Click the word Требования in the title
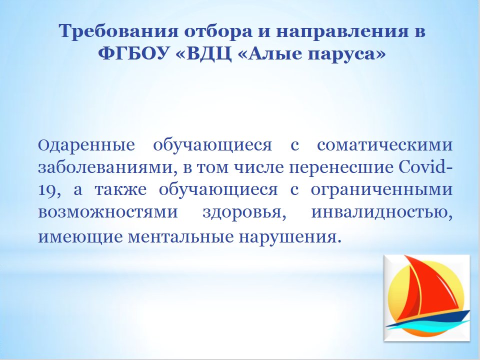118,31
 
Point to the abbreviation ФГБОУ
133,54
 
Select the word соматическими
385,145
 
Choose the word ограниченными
381,190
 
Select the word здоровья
244,212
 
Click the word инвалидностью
382,212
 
